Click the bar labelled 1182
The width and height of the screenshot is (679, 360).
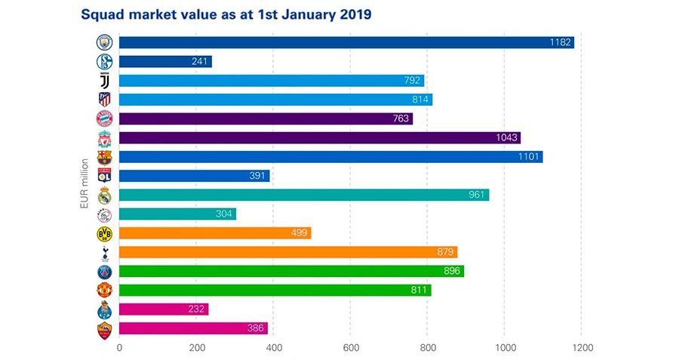pyautogui.click(x=346, y=42)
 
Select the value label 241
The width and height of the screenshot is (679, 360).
pyautogui.click(x=200, y=62)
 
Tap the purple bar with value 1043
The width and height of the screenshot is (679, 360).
pyautogui.click(x=319, y=137)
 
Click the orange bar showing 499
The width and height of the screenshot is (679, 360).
pyautogui.click(x=215, y=233)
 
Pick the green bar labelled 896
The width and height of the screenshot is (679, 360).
pyautogui.click(x=291, y=271)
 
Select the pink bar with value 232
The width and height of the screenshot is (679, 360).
pyautogui.click(x=163, y=309)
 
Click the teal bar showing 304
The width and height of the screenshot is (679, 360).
pyautogui.click(x=177, y=214)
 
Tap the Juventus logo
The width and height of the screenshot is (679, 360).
pyautogui.click(x=104, y=81)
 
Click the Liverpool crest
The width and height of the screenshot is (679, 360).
pyautogui.click(x=104, y=138)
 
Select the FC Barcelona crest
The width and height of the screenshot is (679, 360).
pyautogui.click(x=104, y=157)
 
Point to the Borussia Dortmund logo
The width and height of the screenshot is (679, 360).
pyautogui.click(x=104, y=233)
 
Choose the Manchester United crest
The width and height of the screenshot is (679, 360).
pyautogui.click(x=104, y=290)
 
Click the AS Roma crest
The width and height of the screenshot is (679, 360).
pyautogui.click(x=104, y=329)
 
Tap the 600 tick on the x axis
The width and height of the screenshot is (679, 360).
pyautogui.click(x=349, y=348)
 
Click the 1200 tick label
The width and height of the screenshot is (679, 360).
pyautogui.click(x=581, y=348)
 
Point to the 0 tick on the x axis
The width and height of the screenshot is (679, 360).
pyautogui.click(x=119, y=348)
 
